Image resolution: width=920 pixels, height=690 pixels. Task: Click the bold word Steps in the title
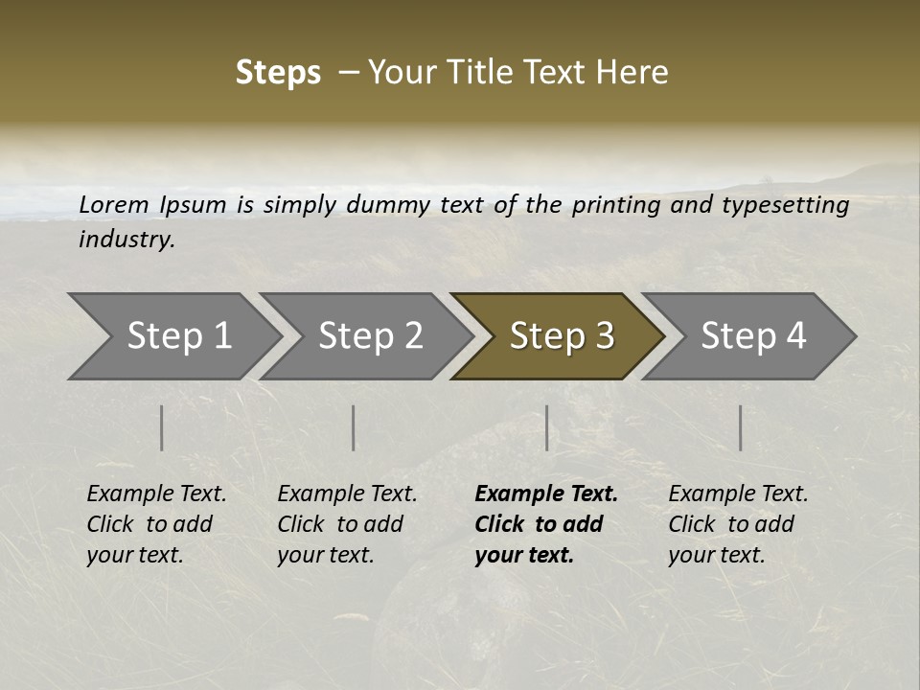tap(278, 73)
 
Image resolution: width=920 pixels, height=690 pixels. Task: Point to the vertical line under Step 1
tap(162, 427)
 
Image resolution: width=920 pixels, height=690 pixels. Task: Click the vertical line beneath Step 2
tap(354, 427)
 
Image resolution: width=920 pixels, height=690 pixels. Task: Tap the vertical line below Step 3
tap(547, 427)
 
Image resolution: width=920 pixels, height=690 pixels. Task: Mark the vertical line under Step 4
tap(740, 427)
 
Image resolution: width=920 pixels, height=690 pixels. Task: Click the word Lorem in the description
tap(114, 205)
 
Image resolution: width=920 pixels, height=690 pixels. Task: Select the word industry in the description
tap(126, 240)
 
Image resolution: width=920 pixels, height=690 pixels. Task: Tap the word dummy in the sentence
tap(389, 205)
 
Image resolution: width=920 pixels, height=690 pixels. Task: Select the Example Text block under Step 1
tap(156, 524)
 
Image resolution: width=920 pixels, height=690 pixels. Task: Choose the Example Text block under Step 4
tap(738, 524)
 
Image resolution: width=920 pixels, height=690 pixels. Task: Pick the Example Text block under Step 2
tap(347, 524)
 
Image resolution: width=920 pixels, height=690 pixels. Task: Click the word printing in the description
tap(613, 205)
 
